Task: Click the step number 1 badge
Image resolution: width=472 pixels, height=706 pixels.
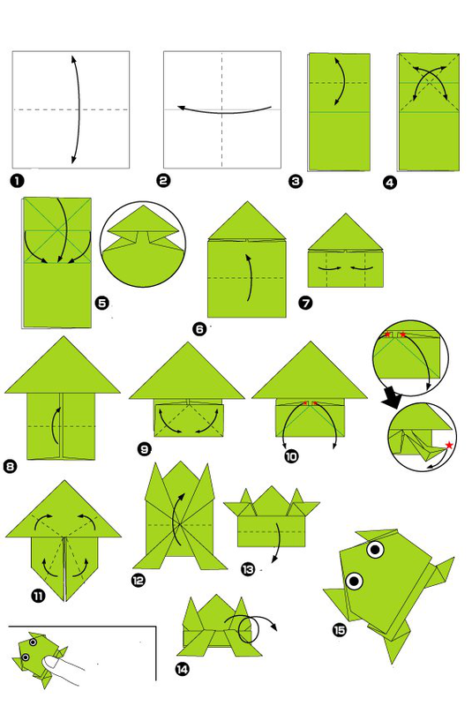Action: [17, 181]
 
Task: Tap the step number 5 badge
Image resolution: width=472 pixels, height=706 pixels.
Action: [102, 303]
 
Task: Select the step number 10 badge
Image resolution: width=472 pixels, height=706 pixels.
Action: [291, 456]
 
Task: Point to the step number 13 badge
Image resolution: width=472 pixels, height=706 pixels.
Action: [248, 569]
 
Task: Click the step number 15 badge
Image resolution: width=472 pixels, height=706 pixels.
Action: [340, 630]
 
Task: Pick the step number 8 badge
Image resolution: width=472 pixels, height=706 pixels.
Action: [10, 466]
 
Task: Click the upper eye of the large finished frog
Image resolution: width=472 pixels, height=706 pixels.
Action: [375, 549]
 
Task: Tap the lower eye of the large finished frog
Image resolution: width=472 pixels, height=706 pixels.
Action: [354, 581]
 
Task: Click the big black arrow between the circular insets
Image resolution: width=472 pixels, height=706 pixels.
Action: [393, 399]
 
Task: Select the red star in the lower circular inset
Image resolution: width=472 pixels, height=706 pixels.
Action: [448, 446]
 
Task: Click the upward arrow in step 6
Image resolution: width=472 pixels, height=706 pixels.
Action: [248, 277]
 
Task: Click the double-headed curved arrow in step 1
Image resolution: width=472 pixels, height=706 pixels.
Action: [79, 109]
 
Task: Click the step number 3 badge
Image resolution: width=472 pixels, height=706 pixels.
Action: [296, 182]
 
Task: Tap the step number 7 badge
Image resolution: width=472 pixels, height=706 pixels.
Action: [305, 303]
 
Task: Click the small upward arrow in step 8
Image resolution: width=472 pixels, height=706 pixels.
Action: [56, 425]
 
